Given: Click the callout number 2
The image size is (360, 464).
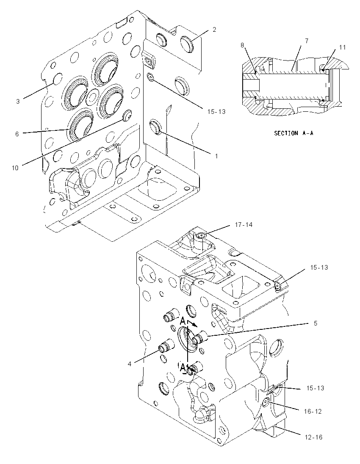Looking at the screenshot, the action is click(214, 29).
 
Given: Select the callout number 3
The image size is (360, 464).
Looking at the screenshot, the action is click(18, 101).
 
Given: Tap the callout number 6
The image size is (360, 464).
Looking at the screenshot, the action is click(17, 134).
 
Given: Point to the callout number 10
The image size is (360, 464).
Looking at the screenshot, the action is click(15, 168).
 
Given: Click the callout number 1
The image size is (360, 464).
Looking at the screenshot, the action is click(216, 156).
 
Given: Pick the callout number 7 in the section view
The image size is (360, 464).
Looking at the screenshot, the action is click(306, 41).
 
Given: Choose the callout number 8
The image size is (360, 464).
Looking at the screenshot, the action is click(242, 45).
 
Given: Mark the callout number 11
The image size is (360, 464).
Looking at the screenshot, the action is click(342, 47).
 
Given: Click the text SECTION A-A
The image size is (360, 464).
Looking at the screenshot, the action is click(294, 133).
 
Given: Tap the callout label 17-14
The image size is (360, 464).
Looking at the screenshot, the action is click(244, 225).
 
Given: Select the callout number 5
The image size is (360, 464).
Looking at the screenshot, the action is click(315, 323).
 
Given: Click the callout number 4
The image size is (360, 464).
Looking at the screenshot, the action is click(129, 364).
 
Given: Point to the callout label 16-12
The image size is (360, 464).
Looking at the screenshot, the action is click(313, 411).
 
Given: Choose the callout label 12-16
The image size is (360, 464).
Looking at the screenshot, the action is click(313, 437).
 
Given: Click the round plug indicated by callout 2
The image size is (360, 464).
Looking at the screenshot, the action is click(186, 41).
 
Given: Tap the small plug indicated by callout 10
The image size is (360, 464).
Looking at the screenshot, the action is click(127, 114).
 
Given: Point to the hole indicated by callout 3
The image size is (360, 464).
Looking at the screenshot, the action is click(58, 79).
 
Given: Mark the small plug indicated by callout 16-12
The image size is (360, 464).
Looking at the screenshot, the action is click(266, 402).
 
